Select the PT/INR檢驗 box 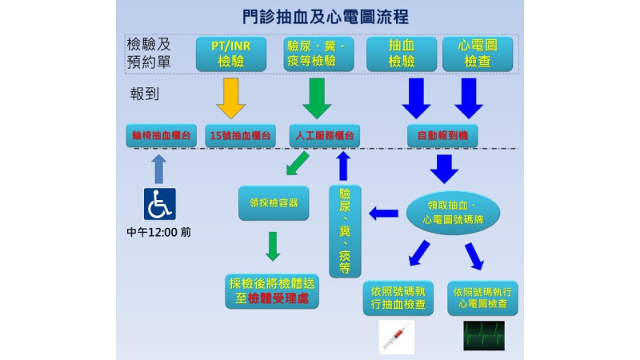[x=231, y=53]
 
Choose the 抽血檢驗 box [x=402, y=53]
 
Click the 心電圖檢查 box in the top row [x=477, y=53]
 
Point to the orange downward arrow [x=231, y=98]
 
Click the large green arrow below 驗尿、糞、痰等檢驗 [x=318, y=98]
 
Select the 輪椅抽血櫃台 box [x=161, y=135]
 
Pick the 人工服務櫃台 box [x=324, y=135]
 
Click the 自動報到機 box [x=442, y=135]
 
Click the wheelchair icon [x=159, y=204]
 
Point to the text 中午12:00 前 [x=159, y=233]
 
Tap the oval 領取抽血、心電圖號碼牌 [x=454, y=212]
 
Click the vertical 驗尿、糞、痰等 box [x=345, y=230]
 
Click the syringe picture [x=396, y=336]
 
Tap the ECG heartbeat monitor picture [x=484, y=335]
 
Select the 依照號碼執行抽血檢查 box [x=398, y=298]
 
